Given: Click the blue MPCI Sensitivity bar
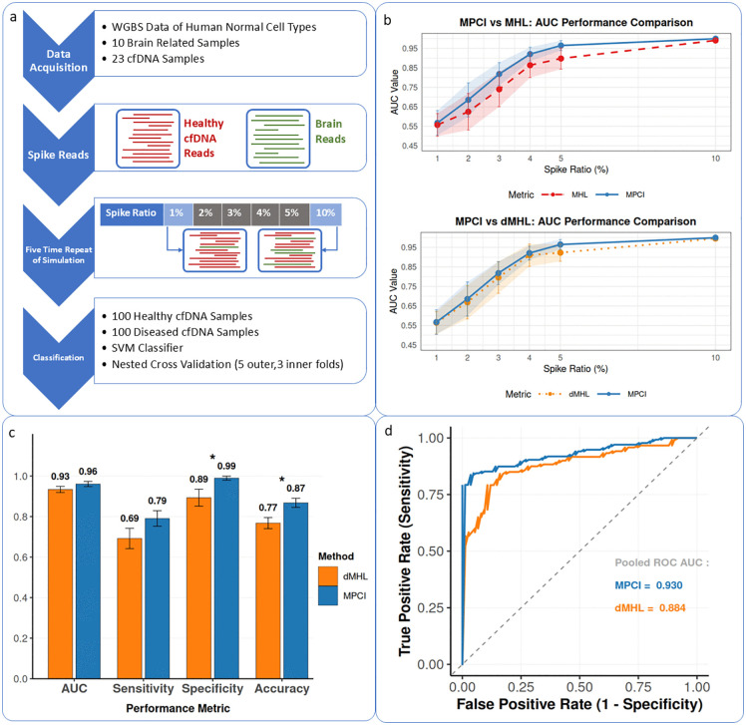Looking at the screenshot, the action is (157, 598).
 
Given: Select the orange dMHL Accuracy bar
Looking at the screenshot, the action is (268, 600).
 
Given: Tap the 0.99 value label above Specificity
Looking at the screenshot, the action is (226, 466).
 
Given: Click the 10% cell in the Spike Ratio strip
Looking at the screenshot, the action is (325, 213).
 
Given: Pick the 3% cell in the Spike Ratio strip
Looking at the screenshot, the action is (234, 213).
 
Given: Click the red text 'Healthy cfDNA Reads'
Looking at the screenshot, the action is (203, 138).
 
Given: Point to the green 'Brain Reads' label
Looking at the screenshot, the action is (330, 132).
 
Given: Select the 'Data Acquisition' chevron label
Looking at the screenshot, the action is (59, 61).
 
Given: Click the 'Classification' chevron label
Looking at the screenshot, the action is (59, 358).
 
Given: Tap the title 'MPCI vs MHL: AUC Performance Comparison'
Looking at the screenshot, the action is (575, 22).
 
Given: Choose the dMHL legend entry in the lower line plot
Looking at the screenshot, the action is (563, 394).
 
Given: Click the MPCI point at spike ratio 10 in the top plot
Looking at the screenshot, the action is (715, 39).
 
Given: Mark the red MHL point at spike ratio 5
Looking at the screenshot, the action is (560, 59).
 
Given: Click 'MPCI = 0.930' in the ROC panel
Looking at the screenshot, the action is (648, 585).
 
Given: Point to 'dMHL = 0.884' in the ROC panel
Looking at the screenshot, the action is (650, 608).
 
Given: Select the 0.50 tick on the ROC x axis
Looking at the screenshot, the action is (579, 687).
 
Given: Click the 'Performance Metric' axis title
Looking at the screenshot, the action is (178, 708).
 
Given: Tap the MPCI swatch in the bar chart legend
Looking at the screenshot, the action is (328, 595).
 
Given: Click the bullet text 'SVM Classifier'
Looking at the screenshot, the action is (147, 348).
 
